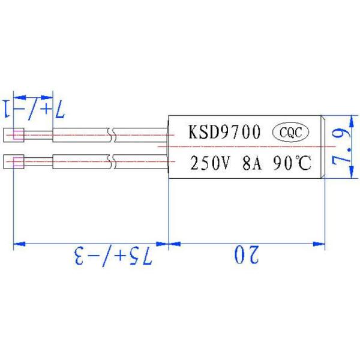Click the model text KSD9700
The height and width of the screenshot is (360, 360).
(225, 133)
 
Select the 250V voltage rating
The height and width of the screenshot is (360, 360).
(209, 163)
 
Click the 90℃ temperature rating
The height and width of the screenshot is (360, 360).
(292, 163)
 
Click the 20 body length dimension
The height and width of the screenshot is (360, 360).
(247, 256)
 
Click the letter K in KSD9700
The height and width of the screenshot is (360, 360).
(195, 133)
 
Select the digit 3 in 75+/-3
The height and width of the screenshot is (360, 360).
(79, 256)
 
